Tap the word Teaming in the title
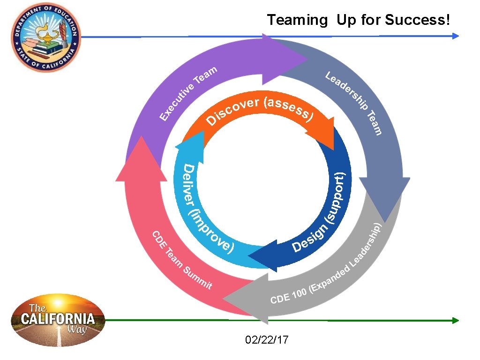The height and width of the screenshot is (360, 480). (x=298, y=20)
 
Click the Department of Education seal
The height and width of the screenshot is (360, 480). (x=46, y=37)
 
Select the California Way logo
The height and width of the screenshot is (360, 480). (x=58, y=320)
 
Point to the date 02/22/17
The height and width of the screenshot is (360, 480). (x=267, y=339)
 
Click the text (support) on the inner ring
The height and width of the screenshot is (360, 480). (x=338, y=197)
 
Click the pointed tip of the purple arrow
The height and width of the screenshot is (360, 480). (x=307, y=59)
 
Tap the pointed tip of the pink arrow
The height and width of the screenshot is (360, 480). (x=141, y=138)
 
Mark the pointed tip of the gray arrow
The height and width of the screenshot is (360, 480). (x=225, y=297)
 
